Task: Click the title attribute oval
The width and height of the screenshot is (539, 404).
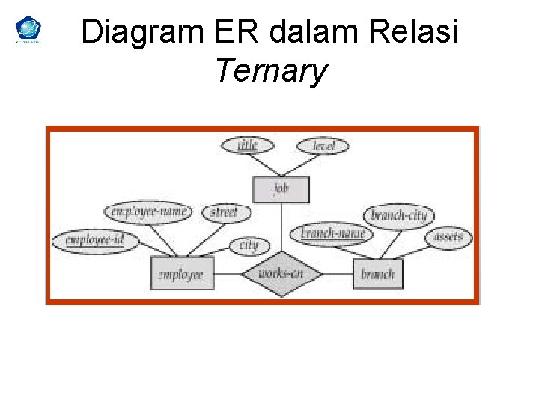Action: [248, 145]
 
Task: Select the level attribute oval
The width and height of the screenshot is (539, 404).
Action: [323, 145]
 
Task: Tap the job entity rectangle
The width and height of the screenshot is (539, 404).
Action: [281, 189]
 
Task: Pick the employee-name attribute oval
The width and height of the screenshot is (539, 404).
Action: [148, 212]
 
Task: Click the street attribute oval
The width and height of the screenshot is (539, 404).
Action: [224, 212]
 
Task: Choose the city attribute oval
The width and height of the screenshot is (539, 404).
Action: [248, 245]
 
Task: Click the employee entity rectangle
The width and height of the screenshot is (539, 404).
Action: [182, 274]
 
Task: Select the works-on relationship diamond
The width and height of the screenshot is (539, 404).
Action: [281, 274]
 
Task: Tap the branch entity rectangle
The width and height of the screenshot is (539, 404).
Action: [377, 274]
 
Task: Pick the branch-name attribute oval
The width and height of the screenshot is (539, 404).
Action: [332, 233]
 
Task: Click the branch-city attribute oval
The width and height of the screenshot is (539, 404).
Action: [399, 216]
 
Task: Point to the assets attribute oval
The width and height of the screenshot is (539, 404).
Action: [448, 238]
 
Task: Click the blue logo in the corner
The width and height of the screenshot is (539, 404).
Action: [28, 30]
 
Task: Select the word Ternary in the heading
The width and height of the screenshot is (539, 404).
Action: [271, 71]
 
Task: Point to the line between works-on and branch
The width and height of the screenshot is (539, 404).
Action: [338, 274]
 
